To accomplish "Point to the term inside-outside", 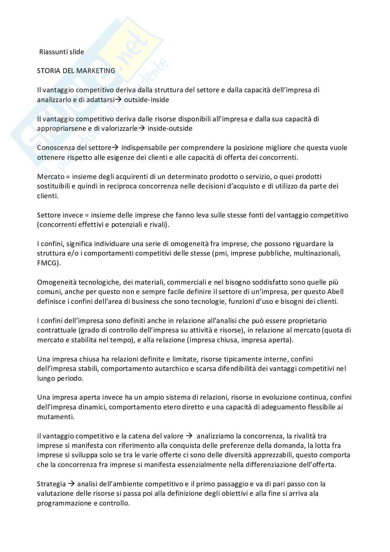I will [x=170, y=128].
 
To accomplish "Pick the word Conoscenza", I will [x=55, y=148].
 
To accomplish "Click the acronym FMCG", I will [x=48, y=263].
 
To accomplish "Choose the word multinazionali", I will [x=318, y=253].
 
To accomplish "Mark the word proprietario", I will [x=306, y=321].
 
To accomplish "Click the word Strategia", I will [x=51, y=484].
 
